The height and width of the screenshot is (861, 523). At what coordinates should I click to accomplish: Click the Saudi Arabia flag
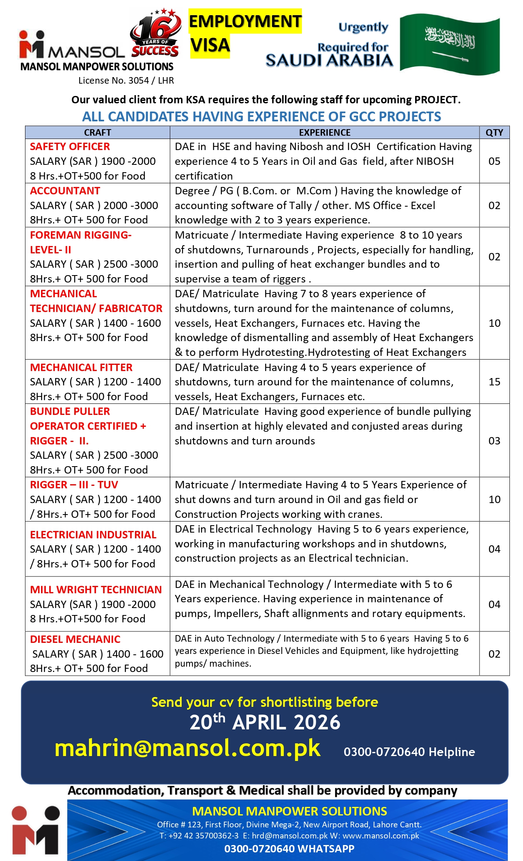[x=450, y=44]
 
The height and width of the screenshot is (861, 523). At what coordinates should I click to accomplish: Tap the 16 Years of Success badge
[x=155, y=34]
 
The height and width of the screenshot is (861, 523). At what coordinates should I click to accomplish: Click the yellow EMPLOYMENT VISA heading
[x=245, y=33]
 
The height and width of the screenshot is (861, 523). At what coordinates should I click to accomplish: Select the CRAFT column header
[x=98, y=132]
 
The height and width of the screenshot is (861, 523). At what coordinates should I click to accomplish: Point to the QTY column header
[x=494, y=132]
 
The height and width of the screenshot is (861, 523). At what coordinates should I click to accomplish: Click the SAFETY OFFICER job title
[x=70, y=146]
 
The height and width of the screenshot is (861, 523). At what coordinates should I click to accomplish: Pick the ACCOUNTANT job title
[x=65, y=191]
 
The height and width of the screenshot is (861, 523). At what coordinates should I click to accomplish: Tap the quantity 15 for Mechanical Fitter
[x=494, y=382]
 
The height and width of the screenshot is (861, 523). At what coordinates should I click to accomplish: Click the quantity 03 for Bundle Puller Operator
[x=494, y=441]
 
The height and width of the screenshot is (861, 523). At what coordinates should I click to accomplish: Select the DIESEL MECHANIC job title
[x=75, y=639]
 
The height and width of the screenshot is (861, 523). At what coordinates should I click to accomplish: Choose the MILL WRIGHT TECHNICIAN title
[x=96, y=590]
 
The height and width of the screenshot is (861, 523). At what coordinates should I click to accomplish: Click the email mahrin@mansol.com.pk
[x=187, y=748]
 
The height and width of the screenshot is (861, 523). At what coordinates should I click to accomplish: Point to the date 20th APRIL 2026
[x=265, y=722]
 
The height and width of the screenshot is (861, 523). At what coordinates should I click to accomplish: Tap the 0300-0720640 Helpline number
[x=409, y=752]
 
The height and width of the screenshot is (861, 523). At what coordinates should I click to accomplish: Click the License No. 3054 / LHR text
[x=126, y=80]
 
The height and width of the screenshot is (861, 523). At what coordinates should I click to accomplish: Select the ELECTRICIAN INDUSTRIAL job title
[x=93, y=535]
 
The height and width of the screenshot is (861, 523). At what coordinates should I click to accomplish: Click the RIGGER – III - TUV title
[x=74, y=485]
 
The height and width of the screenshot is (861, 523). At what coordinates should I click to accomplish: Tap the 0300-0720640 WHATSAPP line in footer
[x=289, y=849]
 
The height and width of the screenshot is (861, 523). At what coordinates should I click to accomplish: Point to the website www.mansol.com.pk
[x=381, y=836]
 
